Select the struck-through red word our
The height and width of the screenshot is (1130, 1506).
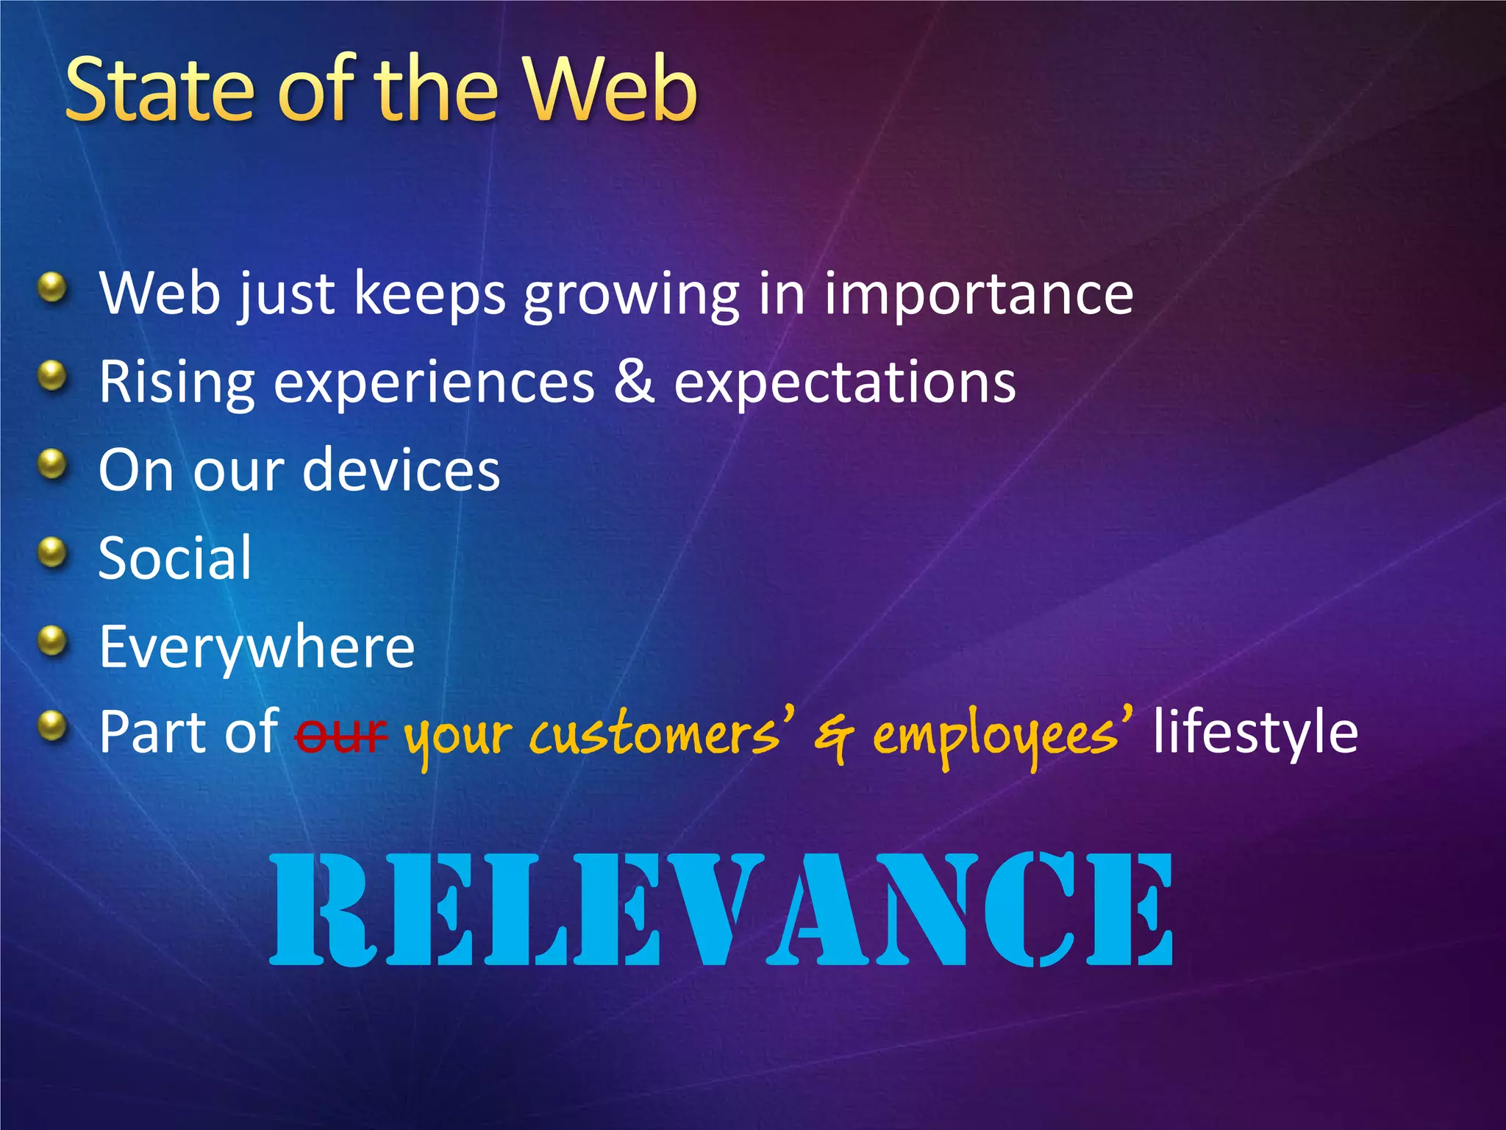[x=340, y=734]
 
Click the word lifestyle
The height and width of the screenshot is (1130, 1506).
[x=1255, y=733]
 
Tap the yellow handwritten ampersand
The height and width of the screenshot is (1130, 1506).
[x=834, y=736]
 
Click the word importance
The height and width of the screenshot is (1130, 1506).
[x=978, y=294]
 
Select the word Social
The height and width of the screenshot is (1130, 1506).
[x=175, y=559]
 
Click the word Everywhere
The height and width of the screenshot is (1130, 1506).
[x=257, y=647]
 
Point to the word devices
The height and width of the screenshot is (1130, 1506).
[x=402, y=471]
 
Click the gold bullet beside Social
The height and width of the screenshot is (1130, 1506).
[x=52, y=552]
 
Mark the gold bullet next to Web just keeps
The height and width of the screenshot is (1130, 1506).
[x=52, y=287]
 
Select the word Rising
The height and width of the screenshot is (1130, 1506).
[x=176, y=383]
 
